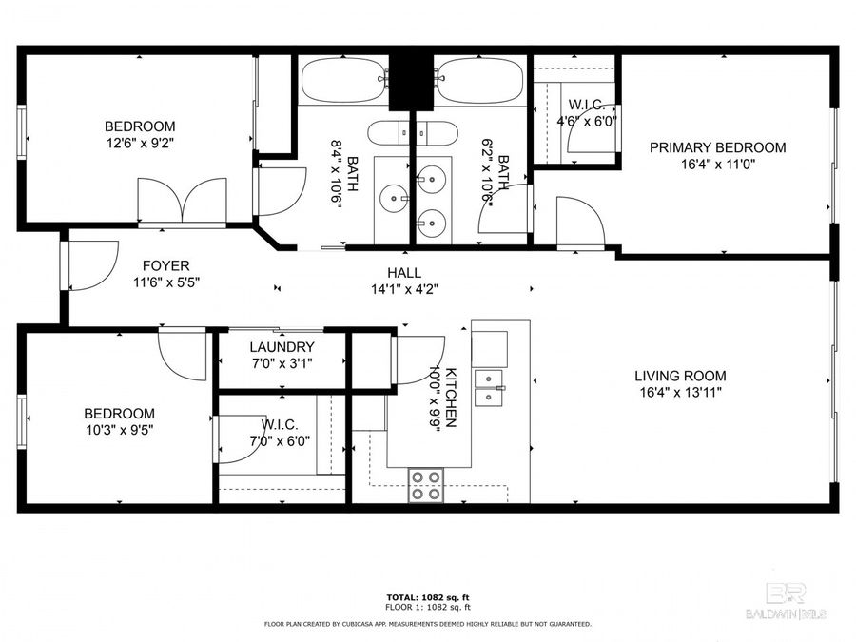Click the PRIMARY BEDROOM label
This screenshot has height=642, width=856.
(717, 147)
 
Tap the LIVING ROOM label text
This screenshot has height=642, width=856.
(680, 376)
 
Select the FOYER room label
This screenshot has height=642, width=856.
(165, 266)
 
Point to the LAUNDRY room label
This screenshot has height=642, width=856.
(282, 347)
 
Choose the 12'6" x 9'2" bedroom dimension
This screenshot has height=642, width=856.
(140, 143)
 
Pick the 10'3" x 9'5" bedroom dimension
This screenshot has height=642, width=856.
(119, 429)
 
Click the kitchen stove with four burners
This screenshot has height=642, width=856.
(425, 485)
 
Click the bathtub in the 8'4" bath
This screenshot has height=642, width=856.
(343, 82)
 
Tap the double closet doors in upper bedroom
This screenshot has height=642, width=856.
(182, 200)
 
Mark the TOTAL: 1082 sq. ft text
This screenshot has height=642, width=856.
(428, 596)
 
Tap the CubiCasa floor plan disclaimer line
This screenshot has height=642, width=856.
(428, 624)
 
